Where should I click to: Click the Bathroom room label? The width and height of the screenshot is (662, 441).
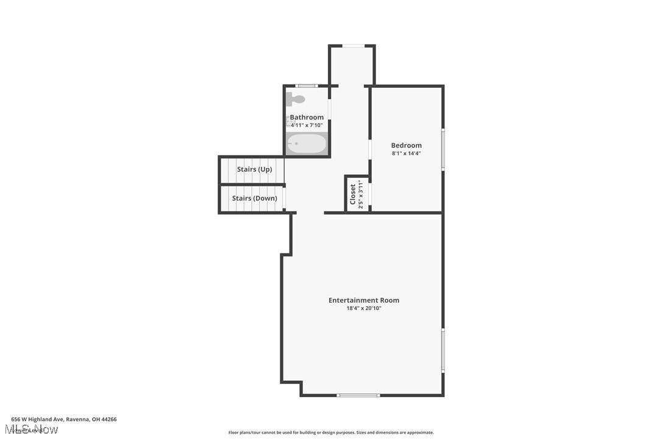pos(307,117)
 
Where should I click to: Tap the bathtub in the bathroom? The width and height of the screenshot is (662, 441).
pos(307,144)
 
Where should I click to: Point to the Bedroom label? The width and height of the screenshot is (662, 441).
pos(406,145)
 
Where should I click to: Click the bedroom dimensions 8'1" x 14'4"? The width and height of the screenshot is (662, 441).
pos(406,153)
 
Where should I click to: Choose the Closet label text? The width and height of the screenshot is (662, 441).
pos(353,194)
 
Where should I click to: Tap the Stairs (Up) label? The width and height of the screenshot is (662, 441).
pos(254,169)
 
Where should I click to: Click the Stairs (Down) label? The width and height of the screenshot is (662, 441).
pos(254,198)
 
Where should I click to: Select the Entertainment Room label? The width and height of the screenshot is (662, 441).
pos(364,300)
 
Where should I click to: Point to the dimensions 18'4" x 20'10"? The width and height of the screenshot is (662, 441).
pos(364,308)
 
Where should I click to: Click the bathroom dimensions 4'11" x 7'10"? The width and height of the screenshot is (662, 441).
pos(307,125)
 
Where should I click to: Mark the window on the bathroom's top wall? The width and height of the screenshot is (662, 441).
pos(306,86)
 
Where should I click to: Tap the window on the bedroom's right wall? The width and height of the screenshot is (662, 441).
pos(443,149)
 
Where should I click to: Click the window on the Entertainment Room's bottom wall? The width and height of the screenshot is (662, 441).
pos(358,395)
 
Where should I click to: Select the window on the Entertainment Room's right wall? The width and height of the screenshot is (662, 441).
pos(443,350)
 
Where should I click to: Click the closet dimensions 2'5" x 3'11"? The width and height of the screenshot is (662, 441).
pos(361,194)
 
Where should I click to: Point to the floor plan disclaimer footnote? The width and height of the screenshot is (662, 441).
pos(331,432)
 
